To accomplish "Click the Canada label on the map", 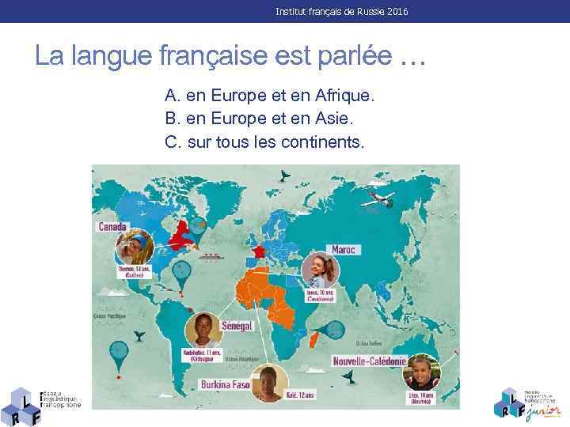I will click(112, 226).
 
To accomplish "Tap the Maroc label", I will click(343, 249).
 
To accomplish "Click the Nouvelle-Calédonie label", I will click(370, 361).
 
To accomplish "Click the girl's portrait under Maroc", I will click(320, 270).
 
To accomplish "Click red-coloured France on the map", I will click(256, 251).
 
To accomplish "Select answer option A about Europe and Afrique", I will click(268, 96).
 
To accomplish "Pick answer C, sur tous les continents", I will click(265, 142).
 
